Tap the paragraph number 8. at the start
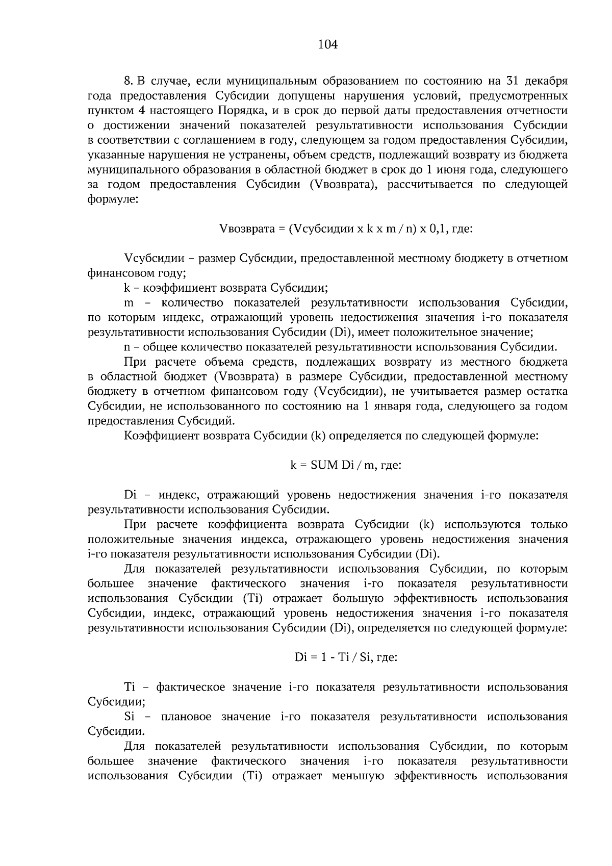[129, 81]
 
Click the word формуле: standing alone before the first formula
[112, 199]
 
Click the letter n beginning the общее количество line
[127, 348]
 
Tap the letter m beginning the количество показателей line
[129, 303]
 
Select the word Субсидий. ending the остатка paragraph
[206, 421]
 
